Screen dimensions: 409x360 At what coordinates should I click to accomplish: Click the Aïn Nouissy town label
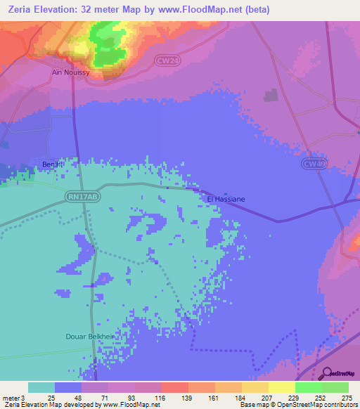[x=71, y=72]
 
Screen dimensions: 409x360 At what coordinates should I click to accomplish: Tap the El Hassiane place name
[x=226, y=200]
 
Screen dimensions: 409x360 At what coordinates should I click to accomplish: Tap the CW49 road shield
[x=314, y=164]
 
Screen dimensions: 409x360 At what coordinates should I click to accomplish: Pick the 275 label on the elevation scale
[x=347, y=397]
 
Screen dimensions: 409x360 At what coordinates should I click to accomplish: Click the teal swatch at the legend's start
[x=41, y=387]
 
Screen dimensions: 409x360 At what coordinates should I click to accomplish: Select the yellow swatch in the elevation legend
[x=281, y=387]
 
